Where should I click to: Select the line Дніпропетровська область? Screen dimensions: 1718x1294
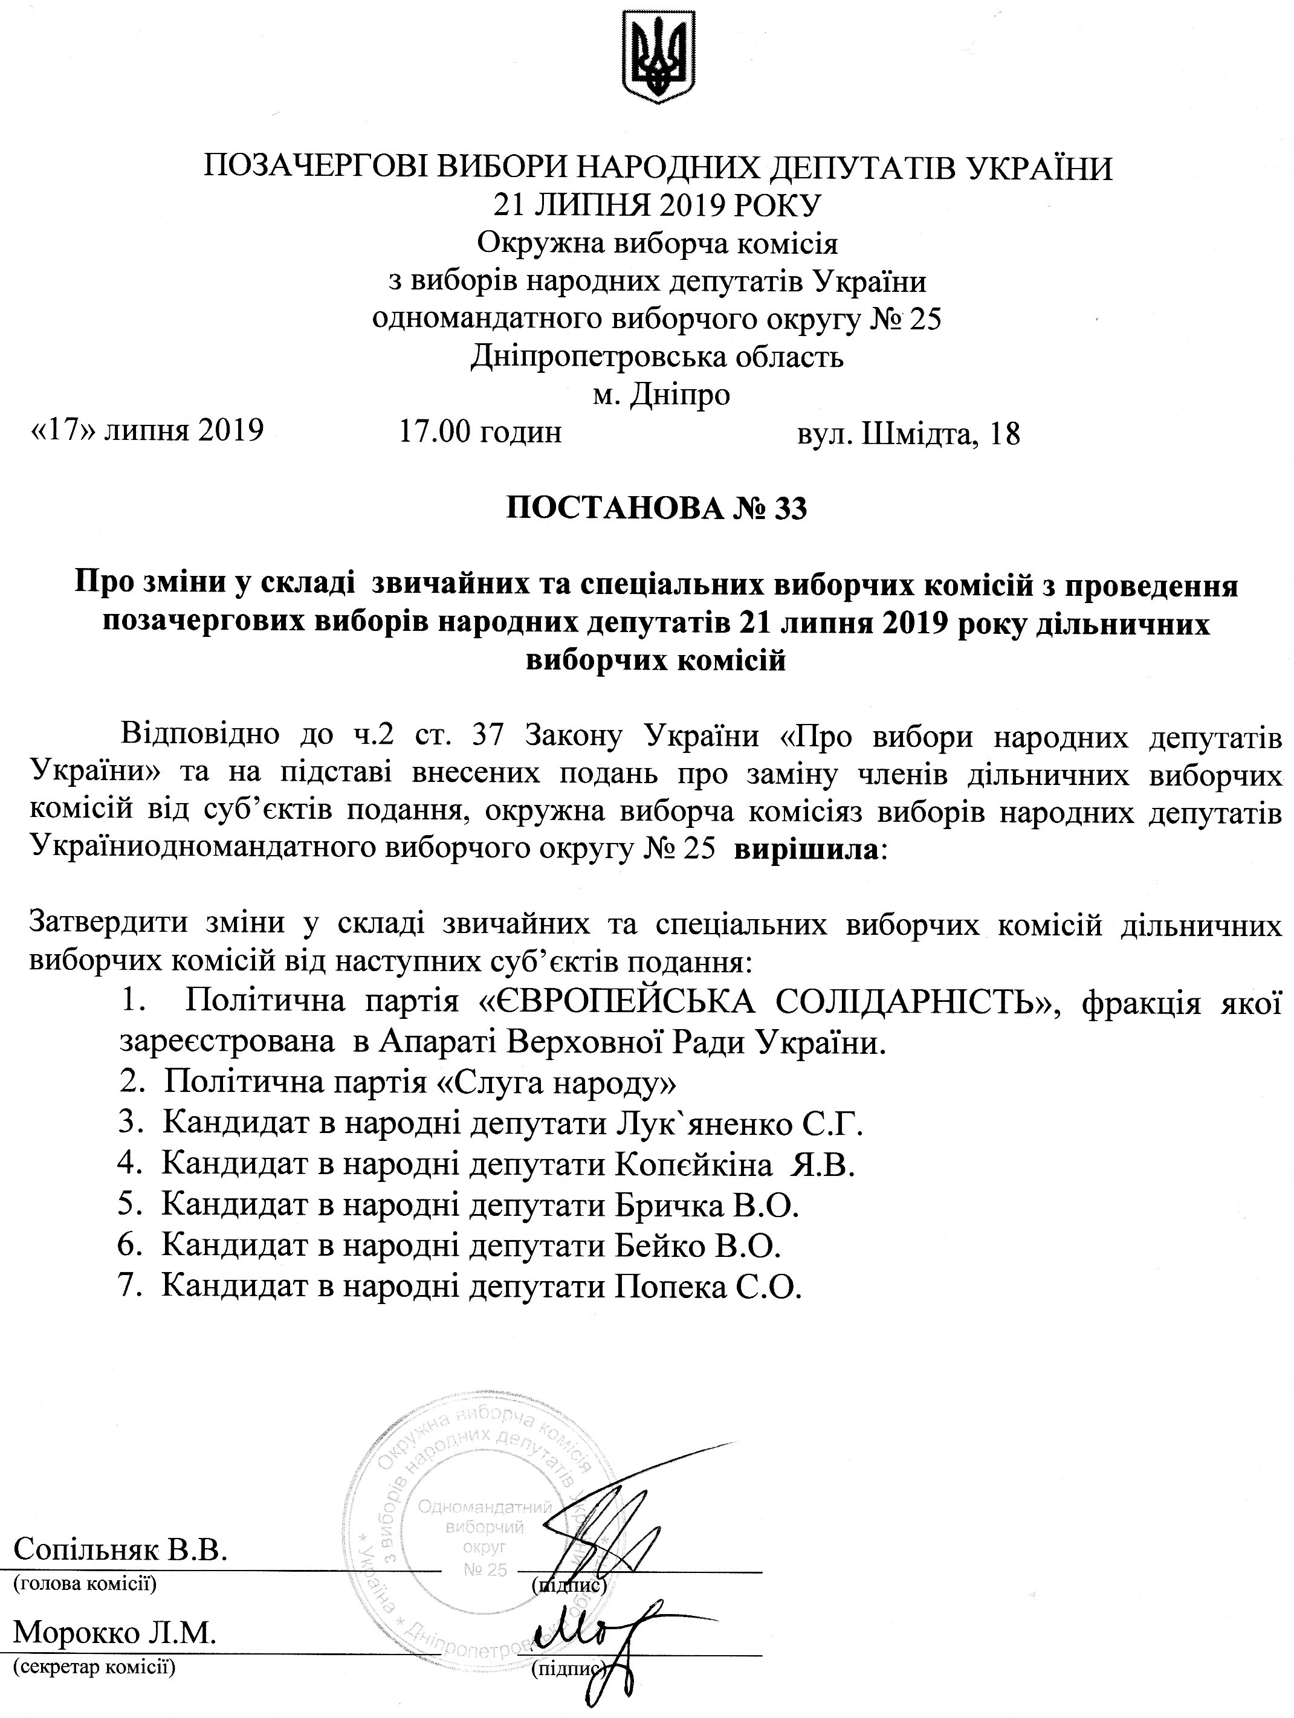point(656,357)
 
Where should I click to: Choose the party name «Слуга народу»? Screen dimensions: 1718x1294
point(552,1083)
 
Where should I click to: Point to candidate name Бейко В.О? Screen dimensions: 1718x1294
point(698,1246)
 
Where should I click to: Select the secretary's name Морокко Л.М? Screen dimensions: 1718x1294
point(114,1633)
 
